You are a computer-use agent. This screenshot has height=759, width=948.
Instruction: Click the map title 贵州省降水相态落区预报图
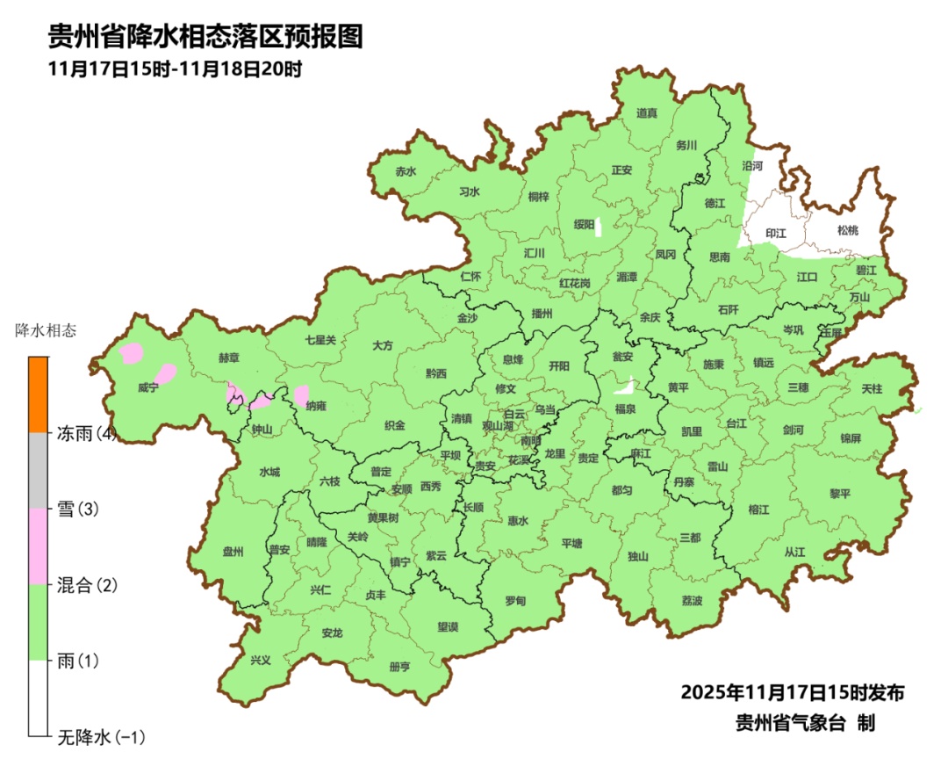(205, 38)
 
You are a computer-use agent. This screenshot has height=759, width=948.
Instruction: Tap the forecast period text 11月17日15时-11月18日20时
(176, 69)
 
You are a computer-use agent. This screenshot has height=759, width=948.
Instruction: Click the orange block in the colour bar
(38, 394)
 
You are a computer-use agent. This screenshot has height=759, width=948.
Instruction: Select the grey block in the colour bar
(38, 470)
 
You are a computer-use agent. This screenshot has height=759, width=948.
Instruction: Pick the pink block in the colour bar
(38, 546)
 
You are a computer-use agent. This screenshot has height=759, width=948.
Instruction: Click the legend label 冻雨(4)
(87, 433)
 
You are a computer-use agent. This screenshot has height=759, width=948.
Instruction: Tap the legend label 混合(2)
(87, 585)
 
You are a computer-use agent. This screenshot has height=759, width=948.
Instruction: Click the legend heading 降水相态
(46, 331)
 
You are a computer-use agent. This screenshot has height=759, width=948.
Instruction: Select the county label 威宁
(147, 387)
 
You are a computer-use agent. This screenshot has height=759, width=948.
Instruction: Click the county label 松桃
(847, 230)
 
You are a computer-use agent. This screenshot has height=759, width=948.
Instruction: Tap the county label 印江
(776, 234)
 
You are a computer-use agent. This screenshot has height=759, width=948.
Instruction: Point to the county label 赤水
(405, 172)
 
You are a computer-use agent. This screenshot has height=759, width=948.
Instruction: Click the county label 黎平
(840, 494)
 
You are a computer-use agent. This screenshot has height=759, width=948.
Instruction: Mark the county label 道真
(647, 112)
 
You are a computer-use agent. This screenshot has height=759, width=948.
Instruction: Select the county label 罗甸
(515, 601)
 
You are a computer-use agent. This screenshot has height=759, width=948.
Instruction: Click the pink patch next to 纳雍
(301, 395)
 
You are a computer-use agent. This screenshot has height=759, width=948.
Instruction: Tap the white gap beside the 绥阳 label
(598, 227)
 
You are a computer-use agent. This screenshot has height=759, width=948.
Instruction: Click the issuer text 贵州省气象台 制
(805, 723)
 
